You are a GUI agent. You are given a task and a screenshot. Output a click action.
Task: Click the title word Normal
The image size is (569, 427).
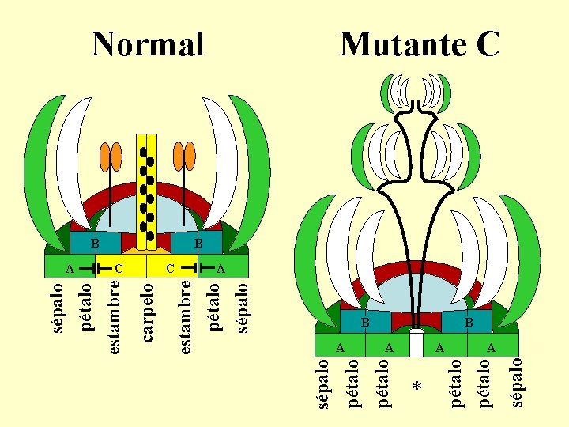148,44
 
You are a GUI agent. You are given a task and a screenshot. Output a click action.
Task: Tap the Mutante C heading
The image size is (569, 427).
420,44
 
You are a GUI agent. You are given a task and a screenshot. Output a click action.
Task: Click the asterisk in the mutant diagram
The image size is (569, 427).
418,387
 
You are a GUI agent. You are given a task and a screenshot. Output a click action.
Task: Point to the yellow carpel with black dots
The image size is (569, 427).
147,190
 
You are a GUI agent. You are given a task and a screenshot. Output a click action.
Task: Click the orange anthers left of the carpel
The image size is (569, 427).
111,156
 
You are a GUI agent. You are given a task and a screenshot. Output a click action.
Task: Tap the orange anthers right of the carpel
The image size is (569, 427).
185,156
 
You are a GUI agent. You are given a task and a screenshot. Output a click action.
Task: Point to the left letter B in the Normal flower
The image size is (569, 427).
94,243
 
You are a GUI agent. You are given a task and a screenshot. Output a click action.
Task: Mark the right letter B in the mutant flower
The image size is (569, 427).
468,323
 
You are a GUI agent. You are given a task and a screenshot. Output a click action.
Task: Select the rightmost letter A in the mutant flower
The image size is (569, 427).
491,347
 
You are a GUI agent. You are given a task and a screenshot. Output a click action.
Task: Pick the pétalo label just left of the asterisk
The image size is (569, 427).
384,383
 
